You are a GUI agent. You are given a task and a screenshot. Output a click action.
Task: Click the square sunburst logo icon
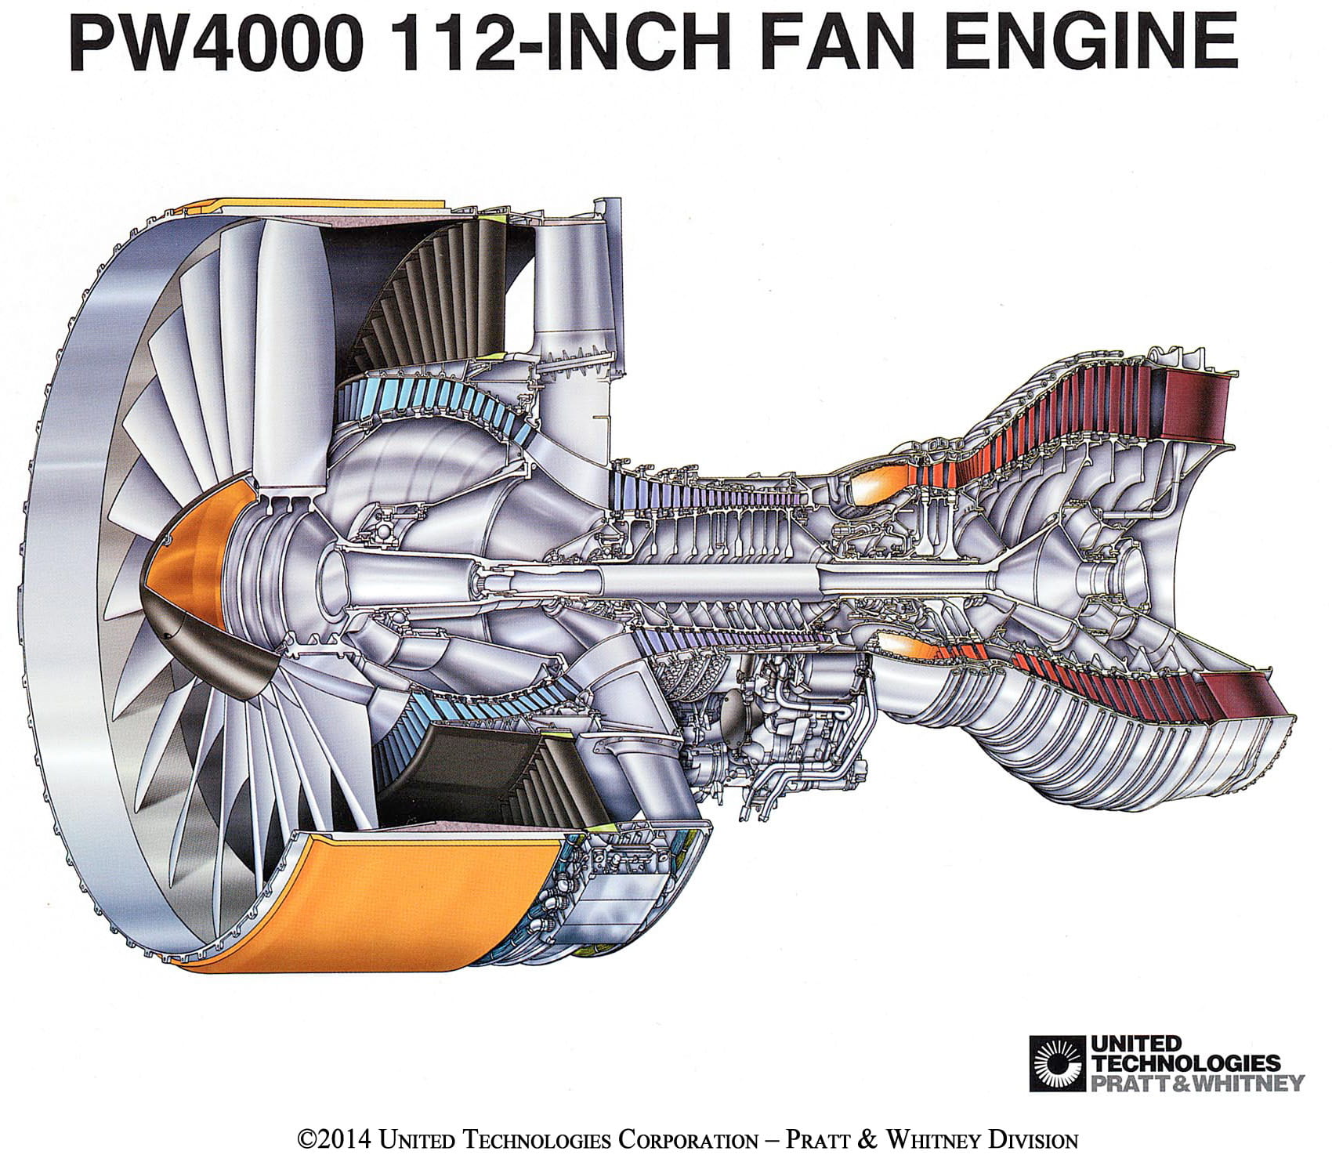pyautogui.click(x=1057, y=1063)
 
